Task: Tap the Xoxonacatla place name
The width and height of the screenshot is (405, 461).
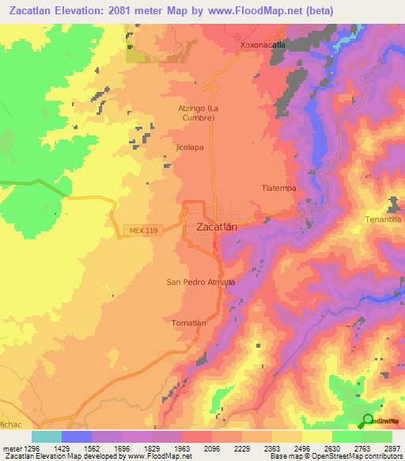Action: click(267, 46)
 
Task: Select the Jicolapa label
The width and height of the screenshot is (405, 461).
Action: click(191, 147)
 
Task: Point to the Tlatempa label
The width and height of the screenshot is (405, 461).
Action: click(278, 189)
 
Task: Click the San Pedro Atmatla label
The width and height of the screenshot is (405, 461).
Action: click(200, 282)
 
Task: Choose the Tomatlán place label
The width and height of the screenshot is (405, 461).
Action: click(188, 323)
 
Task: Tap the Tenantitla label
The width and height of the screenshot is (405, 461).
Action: click(384, 218)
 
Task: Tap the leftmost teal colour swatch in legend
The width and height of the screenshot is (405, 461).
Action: click(47, 436)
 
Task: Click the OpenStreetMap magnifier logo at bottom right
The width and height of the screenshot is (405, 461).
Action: click(369, 421)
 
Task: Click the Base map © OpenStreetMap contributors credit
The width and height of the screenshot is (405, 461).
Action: click(335, 457)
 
